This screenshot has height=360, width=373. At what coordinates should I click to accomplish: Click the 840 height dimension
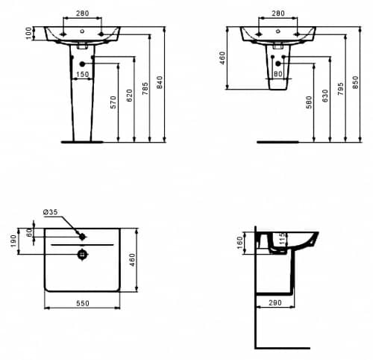(160, 82)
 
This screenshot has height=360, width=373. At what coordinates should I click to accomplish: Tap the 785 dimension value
(145, 88)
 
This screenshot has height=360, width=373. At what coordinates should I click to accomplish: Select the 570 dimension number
(113, 102)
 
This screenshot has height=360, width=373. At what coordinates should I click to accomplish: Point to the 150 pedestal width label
(82, 74)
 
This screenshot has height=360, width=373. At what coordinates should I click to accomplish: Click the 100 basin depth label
(29, 33)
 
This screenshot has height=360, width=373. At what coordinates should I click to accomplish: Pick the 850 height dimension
(356, 82)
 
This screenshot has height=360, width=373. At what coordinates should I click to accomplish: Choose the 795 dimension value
(341, 89)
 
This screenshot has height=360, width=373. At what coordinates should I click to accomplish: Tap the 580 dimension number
(309, 102)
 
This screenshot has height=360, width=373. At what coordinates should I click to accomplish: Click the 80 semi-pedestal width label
(278, 74)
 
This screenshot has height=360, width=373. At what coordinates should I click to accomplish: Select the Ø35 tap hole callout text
(51, 212)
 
